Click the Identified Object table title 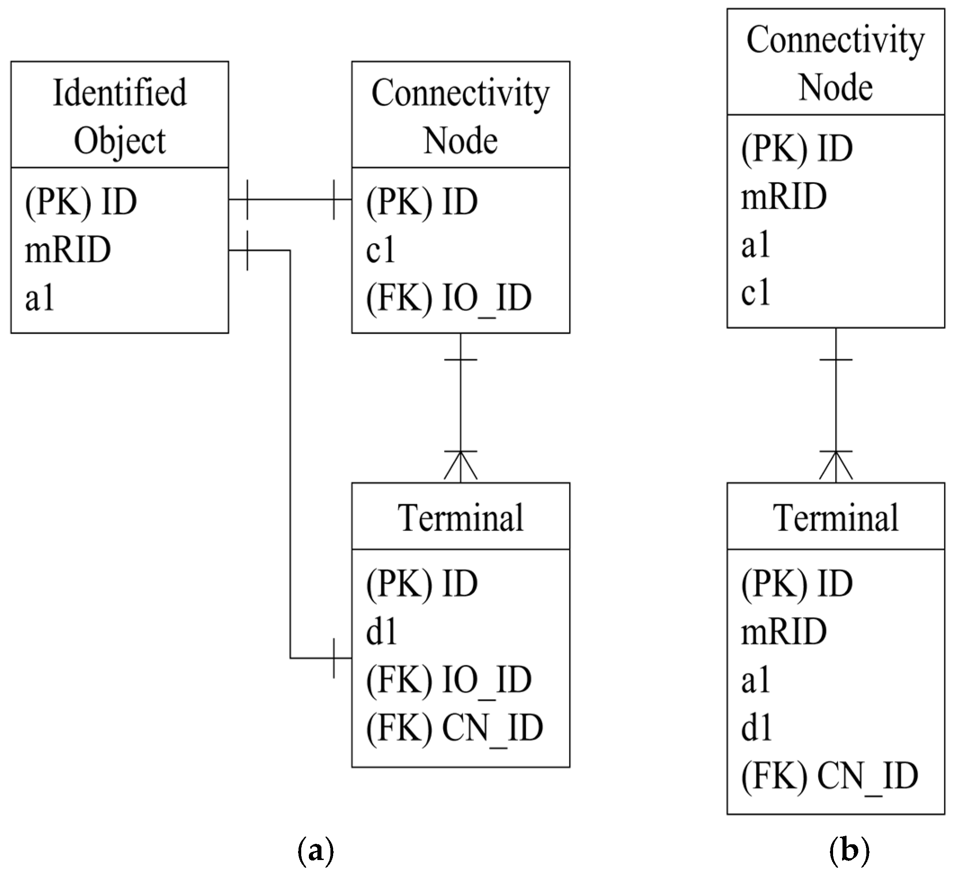click(120, 116)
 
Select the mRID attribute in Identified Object click(68, 250)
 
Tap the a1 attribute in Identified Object click(40, 299)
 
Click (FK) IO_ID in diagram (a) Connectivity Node click(449, 299)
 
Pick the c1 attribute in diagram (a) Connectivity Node click(380, 250)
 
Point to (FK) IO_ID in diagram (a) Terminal click(449, 680)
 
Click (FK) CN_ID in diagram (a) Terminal click(454, 728)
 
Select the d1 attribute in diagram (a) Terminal click(382, 632)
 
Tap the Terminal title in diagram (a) click(460, 517)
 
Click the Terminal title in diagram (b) click(836, 517)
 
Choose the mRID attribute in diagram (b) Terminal click(784, 632)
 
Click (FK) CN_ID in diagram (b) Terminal click(829, 776)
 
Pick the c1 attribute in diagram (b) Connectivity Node click(755, 292)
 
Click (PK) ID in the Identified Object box click(81, 202)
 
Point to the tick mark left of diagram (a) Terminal click(334, 659)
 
